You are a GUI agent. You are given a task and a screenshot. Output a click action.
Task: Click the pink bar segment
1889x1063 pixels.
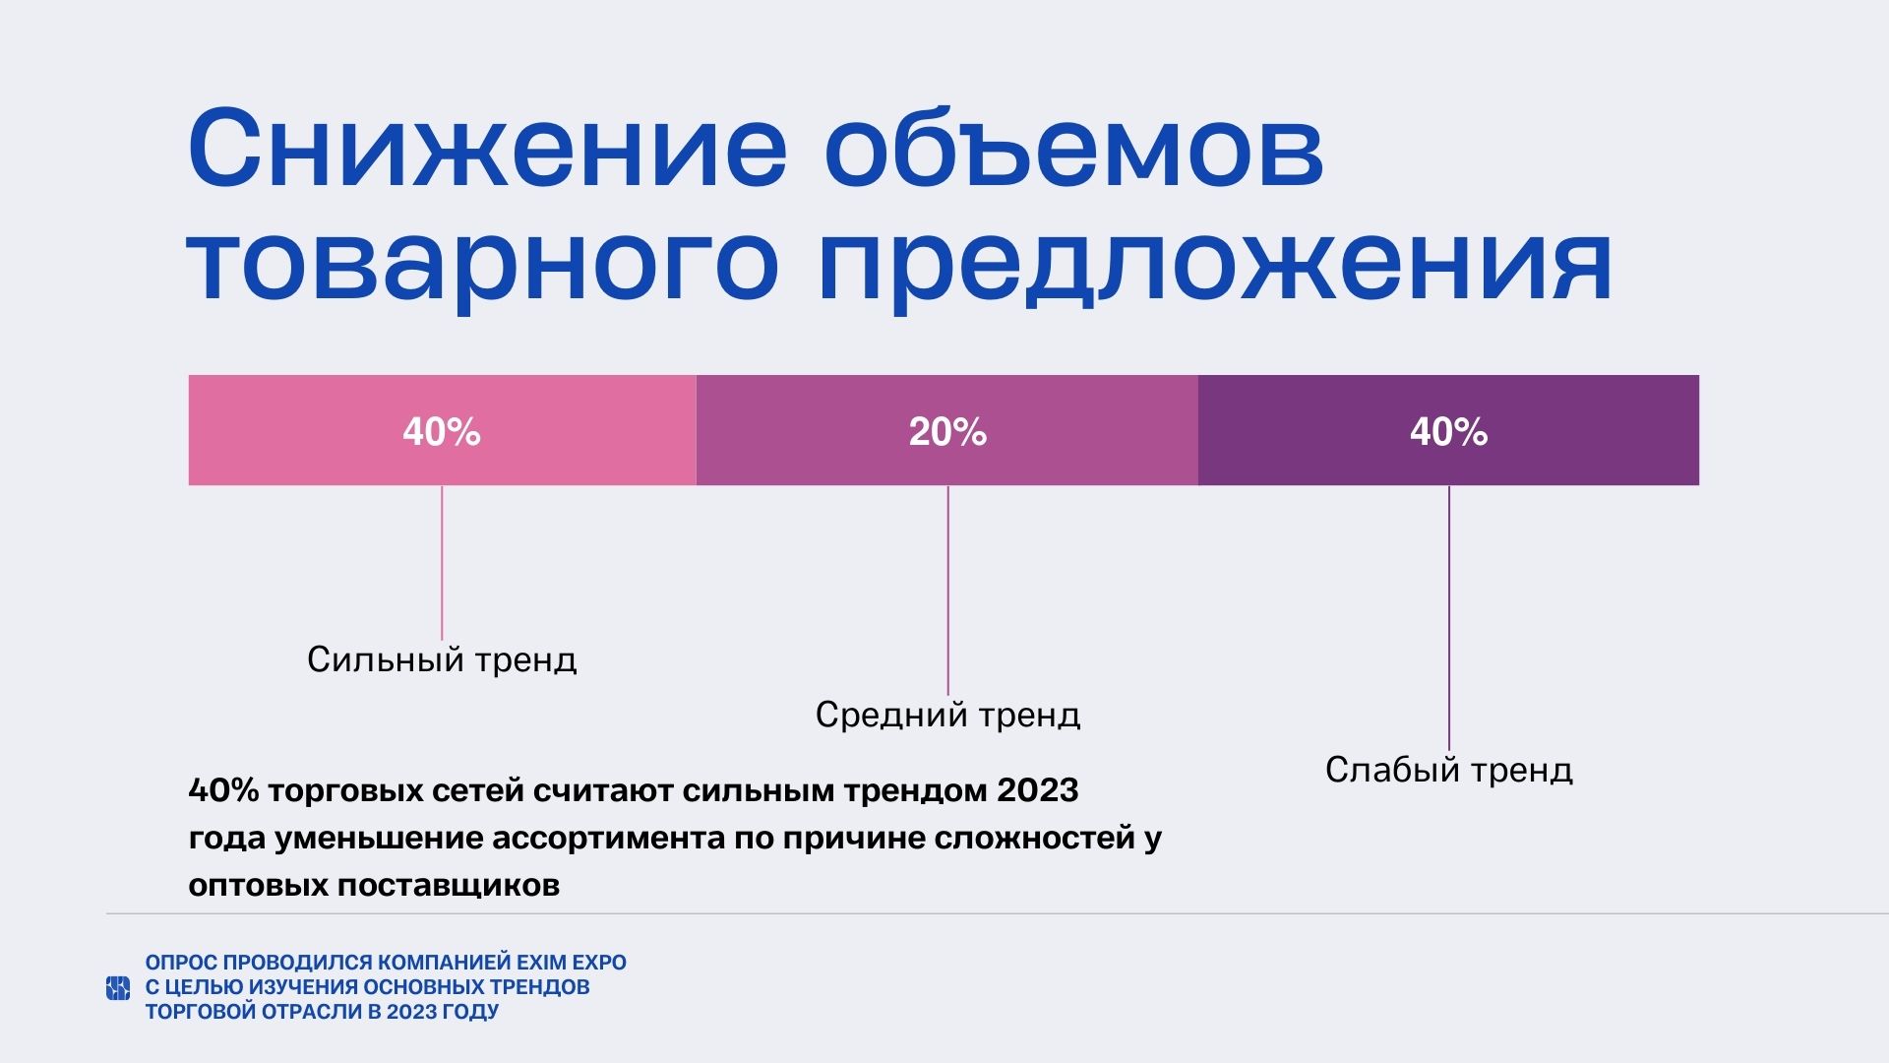(x=442, y=430)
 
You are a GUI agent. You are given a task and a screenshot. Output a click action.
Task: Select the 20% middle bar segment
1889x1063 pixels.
(x=947, y=430)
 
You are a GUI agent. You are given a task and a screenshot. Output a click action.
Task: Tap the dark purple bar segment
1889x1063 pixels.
(x=1448, y=430)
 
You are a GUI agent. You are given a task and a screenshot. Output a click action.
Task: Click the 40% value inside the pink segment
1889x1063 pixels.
(x=442, y=432)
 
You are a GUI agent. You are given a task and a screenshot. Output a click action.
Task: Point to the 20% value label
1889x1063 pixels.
(x=947, y=432)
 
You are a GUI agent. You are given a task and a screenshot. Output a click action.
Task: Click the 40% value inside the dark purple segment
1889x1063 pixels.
(x=1448, y=432)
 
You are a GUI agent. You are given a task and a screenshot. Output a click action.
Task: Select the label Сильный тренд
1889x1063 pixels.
(x=442, y=659)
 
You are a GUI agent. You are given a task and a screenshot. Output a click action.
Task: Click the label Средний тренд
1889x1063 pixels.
(x=947, y=715)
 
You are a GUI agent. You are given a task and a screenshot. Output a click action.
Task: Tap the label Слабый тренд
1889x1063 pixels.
(x=1448, y=770)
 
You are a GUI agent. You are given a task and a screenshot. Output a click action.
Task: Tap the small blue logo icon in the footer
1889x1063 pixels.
(x=118, y=987)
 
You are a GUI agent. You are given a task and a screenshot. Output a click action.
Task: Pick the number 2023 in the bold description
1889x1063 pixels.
(x=1038, y=790)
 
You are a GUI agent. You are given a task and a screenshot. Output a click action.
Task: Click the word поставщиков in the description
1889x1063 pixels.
(x=449, y=886)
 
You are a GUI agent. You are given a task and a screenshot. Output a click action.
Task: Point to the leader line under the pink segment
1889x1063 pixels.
(x=442, y=563)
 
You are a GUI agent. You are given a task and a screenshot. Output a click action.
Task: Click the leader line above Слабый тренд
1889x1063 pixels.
(x=1448, y=618)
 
